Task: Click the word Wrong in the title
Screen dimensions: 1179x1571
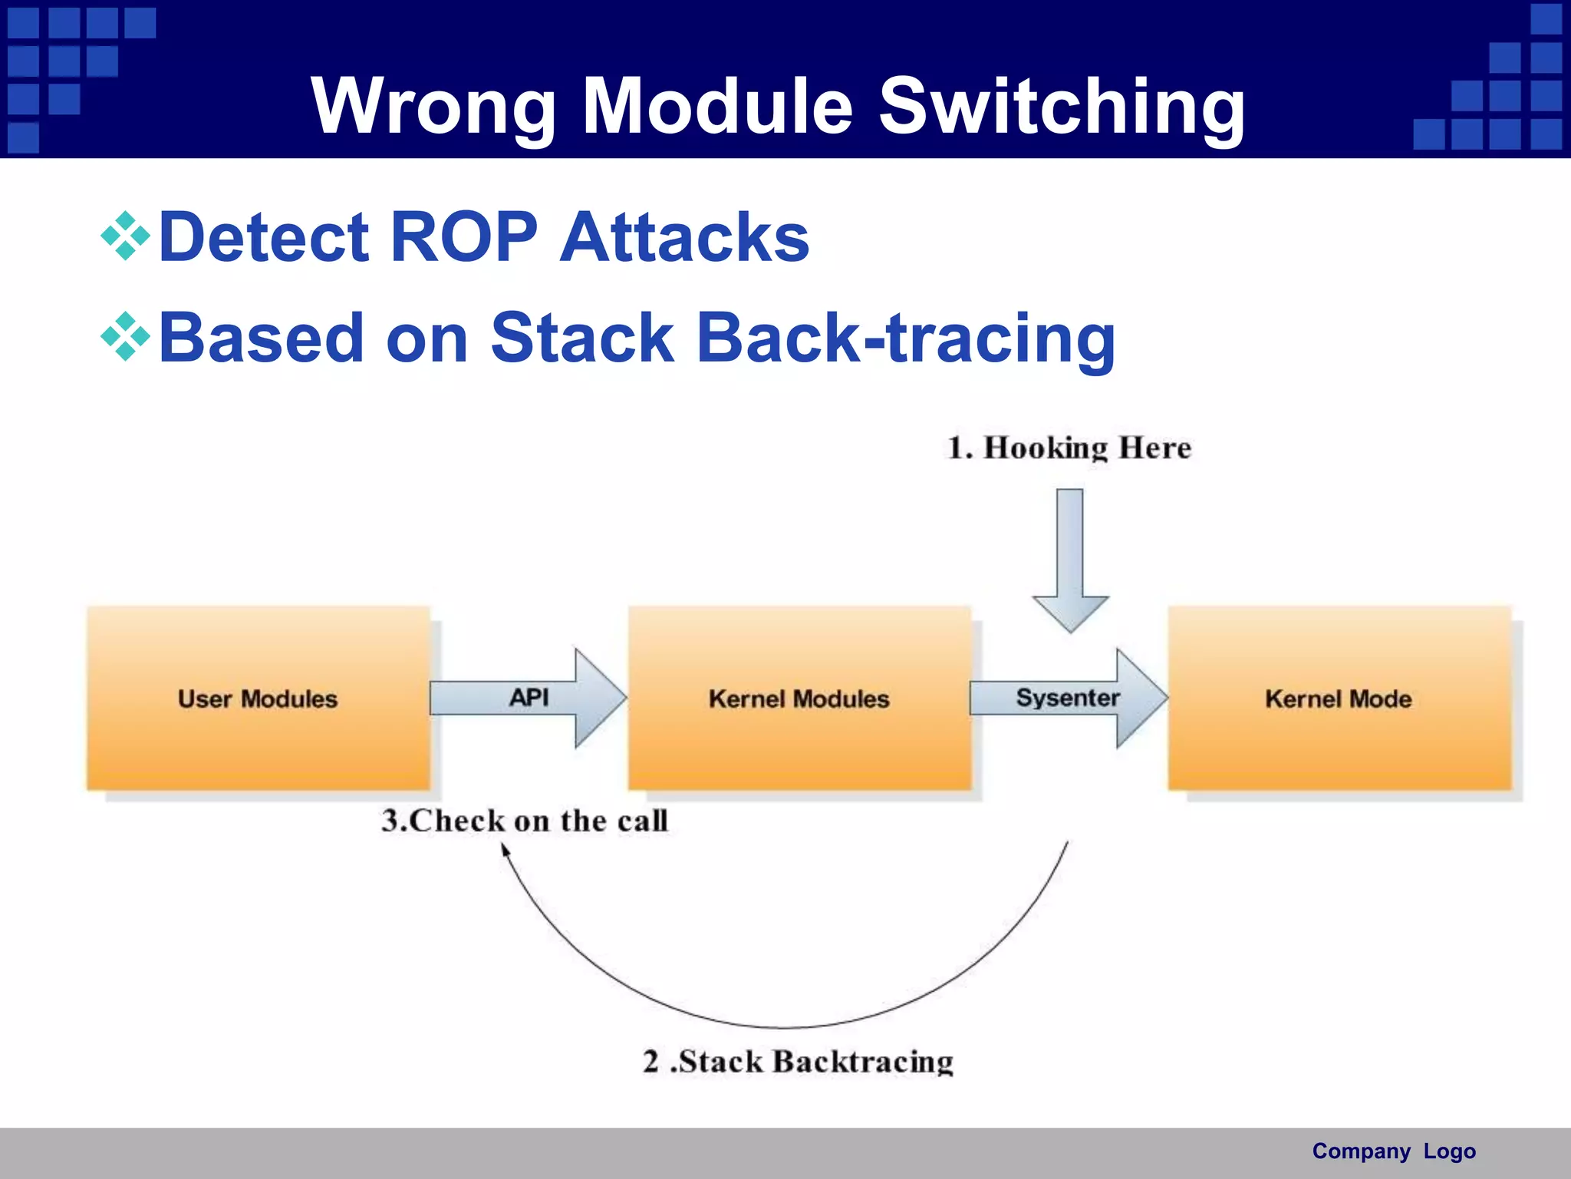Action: tap(433, 107)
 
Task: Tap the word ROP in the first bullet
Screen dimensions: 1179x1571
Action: tap(463, 237)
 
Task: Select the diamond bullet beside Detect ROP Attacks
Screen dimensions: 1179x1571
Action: tap(125, 237)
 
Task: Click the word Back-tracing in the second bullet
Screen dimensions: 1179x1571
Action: tap(905, 338)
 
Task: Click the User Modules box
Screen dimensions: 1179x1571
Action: tap(258, 698)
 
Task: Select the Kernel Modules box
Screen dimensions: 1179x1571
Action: tap(799, 698)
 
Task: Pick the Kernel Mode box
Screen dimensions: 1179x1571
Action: tap(1339, 698)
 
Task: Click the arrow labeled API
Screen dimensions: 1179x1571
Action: tap(529, 698)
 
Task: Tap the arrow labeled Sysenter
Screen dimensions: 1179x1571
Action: tap(1068, 698)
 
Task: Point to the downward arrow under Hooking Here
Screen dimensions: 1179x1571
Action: tap(1070, 560)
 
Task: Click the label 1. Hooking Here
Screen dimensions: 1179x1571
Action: tap(1069, 448)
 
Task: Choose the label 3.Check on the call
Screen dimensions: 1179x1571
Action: tap(525, 821)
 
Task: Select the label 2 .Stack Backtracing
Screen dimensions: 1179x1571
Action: tap(798, 1062)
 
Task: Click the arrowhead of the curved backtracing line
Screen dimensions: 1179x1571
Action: tap(506, 849)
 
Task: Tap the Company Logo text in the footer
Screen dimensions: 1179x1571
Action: tap(1393, 1151)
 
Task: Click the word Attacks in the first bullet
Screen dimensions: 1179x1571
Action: tap(684, 237)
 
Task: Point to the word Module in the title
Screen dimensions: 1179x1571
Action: tap(717, 107)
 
